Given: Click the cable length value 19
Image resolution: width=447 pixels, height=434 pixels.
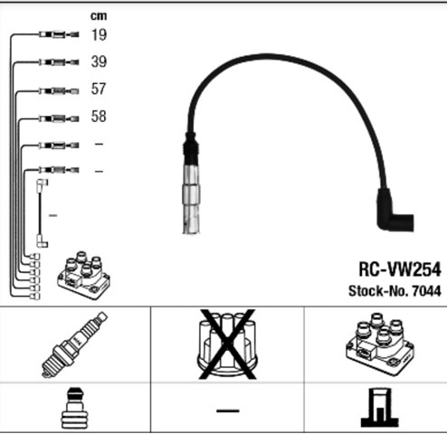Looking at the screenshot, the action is coord(99,34).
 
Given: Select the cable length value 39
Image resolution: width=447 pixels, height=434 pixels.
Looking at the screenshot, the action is coord(99,61).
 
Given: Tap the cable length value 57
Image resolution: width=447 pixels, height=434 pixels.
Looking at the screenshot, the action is coord(99,89).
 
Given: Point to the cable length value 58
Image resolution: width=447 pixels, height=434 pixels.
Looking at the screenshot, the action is coord(99,117).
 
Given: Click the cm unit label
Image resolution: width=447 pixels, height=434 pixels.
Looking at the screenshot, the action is coord(99,16).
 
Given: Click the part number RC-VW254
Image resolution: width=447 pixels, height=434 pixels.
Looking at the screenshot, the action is coord(400,269).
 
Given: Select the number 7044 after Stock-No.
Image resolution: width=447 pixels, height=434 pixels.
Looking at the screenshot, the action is coord(426,291).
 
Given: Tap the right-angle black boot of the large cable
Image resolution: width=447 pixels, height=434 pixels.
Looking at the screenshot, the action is coord(395,210).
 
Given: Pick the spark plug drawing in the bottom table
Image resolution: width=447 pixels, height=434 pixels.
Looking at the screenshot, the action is coord(74,344).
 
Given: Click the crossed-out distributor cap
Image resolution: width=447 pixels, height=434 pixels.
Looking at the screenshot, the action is coord(227,344).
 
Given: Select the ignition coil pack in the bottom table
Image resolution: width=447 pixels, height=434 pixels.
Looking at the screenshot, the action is coord(380,344).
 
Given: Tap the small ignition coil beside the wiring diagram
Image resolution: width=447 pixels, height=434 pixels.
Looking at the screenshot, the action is coord(84,275).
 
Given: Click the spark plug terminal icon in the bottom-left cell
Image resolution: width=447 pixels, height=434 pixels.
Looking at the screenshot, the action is coord(75,408).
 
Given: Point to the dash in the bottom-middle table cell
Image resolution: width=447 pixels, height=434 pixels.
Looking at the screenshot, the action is coord(228,410).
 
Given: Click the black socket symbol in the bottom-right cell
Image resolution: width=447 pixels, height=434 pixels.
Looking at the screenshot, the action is coord(380,407).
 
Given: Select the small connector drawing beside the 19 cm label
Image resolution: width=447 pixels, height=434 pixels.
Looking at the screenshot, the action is coord(59,34).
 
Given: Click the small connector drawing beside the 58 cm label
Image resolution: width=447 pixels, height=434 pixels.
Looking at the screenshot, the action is coord(59,118).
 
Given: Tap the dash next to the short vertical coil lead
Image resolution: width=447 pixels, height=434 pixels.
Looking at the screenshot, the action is coord(52,215).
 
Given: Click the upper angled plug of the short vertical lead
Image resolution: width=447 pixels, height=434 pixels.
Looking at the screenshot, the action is coord(42,185).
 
